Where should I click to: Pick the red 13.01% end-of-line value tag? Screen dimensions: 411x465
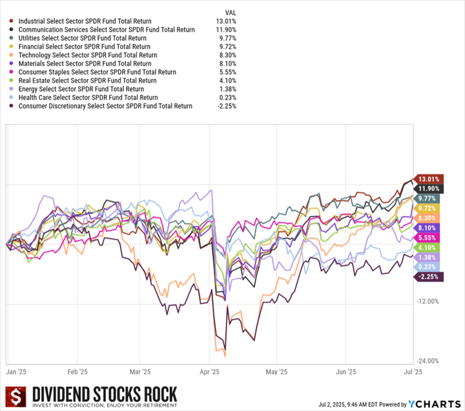click(x=428, y=179)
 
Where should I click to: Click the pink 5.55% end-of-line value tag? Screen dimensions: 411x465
click(x=428, y=238)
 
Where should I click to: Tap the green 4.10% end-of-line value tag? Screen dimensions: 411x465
click(x=428, y=248)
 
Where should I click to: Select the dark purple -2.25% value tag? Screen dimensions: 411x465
click(x=428, y=277)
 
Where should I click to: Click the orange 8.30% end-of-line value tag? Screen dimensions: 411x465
click(x=428, y=218)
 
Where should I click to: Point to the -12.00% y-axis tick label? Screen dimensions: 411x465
click(x=428, y=301)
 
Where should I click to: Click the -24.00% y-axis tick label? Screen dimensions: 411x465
click(x=428, y=361)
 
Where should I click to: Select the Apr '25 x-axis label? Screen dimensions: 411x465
click(x=211, y=372)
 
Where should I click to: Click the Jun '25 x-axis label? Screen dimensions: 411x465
click(x=346, y=372)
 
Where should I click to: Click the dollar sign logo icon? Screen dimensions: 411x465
click(x=15, y=398)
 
